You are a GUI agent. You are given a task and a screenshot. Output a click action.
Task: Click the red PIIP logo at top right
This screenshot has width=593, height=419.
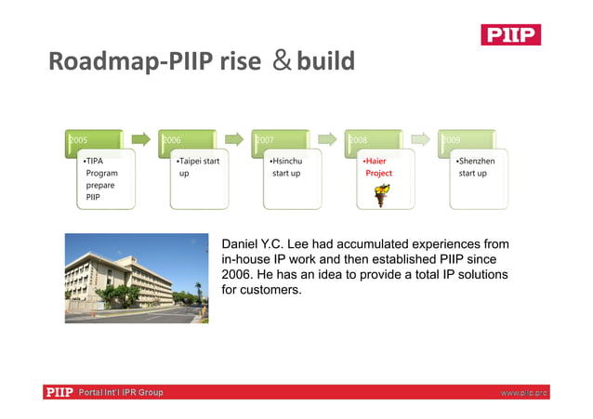pyautogui.click(x=510, y=34)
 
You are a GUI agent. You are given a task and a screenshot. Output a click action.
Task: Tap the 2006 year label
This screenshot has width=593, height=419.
pyautogui.click(x=171, y=140)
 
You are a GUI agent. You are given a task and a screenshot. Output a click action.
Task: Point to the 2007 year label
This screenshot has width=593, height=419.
pyautogui.click(x=264, y=140)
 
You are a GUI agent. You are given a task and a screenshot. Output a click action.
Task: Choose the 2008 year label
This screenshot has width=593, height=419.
pyautogui.click(x=358, y=140)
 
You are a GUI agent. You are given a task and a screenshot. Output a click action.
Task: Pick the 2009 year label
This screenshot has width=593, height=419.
pyautogui.click(x=451, y=140)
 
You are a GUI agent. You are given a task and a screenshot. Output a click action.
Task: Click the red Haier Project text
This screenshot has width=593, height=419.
pyautogui.click(x=377, y=167)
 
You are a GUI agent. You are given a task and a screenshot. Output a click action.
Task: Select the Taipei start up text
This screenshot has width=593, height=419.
pyautogui.click(x=197, y=167)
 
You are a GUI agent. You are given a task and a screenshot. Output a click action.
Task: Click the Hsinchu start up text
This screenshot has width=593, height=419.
pyautogui.click(x=285, y=167)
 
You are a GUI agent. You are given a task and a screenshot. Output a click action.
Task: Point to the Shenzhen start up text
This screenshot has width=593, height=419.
pyautogui.click(x=477, y=167)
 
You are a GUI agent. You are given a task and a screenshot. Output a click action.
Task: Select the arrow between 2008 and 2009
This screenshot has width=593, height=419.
pyautogui.click(x=421, y=140)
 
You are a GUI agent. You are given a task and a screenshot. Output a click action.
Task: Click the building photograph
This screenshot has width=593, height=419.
pyautogui.click(x=137, y=278)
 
